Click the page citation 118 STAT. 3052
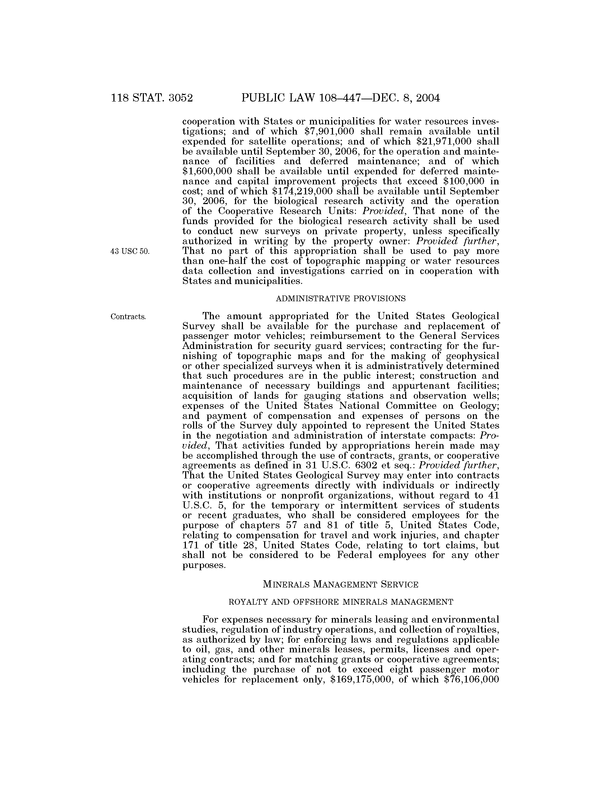(152, 98)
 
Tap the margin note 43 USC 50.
(130, 252)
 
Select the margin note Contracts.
(128, 317)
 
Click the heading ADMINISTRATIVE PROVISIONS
(341, 298)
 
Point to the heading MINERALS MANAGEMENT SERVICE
(341, 584)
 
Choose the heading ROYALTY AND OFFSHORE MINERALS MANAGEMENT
(341, 602)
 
